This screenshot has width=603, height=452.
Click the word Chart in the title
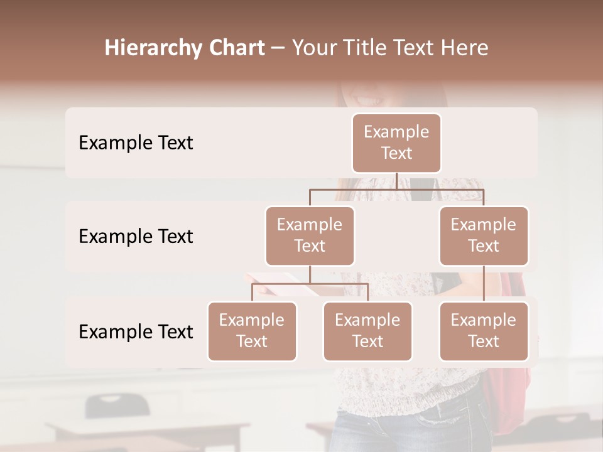(237, 48)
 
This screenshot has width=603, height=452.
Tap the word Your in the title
(315, 48)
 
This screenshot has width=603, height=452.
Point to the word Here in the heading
(464, 48)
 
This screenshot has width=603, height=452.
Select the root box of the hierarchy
(396, 143)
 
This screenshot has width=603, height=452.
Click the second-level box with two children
(310, 236)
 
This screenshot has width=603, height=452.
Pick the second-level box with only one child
(484, 236)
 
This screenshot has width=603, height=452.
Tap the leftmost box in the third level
(252, 331)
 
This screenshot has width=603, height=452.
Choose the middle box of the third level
(367, 331)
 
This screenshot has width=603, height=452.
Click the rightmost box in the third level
(484, 331)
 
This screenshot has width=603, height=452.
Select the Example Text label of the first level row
(136, 143)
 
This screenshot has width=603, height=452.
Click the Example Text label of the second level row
(136, 237)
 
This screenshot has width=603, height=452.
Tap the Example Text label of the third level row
(136, 332)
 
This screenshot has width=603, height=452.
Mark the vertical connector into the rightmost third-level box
(484, 284)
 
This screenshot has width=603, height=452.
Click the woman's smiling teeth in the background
(369, 99)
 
